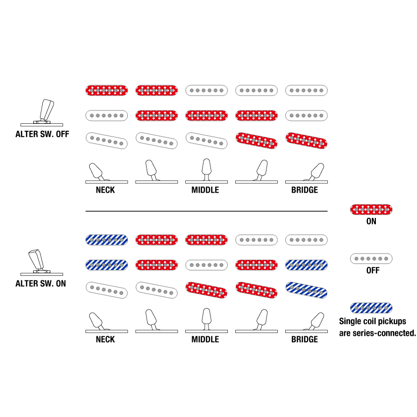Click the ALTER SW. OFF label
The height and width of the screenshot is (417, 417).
pyautogui.click(x=42, y=134)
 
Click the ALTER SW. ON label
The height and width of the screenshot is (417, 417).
pyautogui.click(x=41, y=283)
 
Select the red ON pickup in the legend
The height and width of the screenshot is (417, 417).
pyautogui.click(x=371, y=209)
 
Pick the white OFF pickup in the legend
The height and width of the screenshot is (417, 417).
pyautogui.click(x=371, y=259)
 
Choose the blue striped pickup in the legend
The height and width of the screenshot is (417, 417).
pyautogui.click(x=371, y=308)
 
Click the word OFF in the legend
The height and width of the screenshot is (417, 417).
pyautogui.click(x=372, y=270)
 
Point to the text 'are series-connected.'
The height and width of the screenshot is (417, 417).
pyautogui.click(x=377, y=333)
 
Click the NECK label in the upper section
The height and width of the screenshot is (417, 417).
pyautogui.click(x=105, y=190)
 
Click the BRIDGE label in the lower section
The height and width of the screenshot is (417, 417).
pyautogui.click(x=305, y=339)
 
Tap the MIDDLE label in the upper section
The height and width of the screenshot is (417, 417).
pyautogui.click(x=205, y=190)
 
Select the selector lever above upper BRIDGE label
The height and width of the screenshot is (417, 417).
pyautogui.click(x=315, y=172)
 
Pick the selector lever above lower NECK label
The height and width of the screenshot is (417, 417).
pyautogui.click(x=96, y=321)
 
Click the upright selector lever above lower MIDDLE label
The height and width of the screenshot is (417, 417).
pyautogui.click(x=207, y=319)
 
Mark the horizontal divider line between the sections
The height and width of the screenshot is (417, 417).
pyautogui.click(x=207, y=211)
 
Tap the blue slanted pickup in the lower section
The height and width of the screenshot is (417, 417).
pyautogui.click(x=306, y=290)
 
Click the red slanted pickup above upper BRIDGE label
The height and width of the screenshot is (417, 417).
pyautogui.click(x=306, y=141)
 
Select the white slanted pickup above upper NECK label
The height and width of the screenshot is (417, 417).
pyautogui.click(x=106, y=141)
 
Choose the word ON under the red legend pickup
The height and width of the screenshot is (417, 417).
pyautogui.click(x=371, y=221)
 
